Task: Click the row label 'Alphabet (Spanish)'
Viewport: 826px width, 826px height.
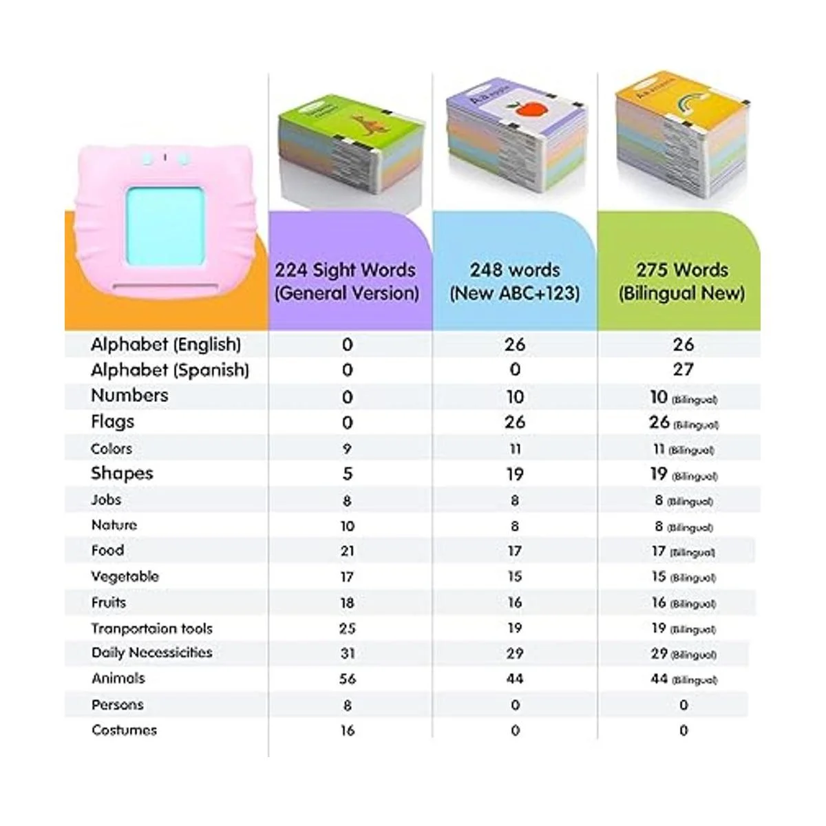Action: (x=170, y=370)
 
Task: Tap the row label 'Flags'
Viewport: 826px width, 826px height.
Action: (x=113, y=421)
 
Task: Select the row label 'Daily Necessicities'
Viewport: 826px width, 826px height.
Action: (x=151, y=653)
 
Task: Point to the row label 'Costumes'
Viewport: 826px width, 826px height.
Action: (x=124, y=730)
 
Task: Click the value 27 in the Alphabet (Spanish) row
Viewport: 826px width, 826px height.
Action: (x=683, y=370)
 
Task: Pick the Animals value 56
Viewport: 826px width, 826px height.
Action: (x=348, y=679)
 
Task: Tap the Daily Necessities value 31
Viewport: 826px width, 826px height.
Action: (x=348, y=653)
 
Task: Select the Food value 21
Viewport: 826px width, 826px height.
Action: (x=348, y=551)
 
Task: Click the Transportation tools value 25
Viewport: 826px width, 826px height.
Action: (x=348, y=628)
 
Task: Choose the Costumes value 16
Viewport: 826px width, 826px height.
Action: (x=348, y=730)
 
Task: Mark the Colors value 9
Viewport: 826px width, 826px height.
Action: (x=347, y=449)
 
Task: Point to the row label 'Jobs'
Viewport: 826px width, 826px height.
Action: (x=106, y=500)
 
